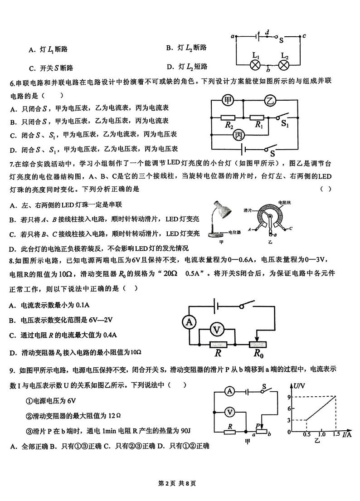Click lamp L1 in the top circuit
[x=256, y=65]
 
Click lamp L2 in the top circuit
[x=284, y=65]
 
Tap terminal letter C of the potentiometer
[x=291, y=229]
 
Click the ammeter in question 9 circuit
[x=230, y=391]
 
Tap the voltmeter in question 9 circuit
[x=230, y=412]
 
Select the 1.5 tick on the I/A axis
[x=336, y=434]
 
